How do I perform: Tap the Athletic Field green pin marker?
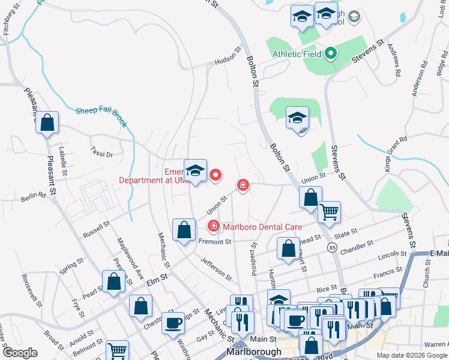coord(330,55)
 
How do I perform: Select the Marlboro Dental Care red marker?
coord(213,226)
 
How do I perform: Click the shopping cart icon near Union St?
coord(329,211)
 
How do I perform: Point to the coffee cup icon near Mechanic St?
coord(174,322)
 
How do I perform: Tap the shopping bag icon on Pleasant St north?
coord(47,123)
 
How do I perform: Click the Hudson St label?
coord(226,60)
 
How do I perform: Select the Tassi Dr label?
coord(101,154)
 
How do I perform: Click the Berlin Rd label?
coord(34,196)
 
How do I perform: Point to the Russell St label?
coord(96,229)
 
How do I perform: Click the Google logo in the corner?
coord(20,353)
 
